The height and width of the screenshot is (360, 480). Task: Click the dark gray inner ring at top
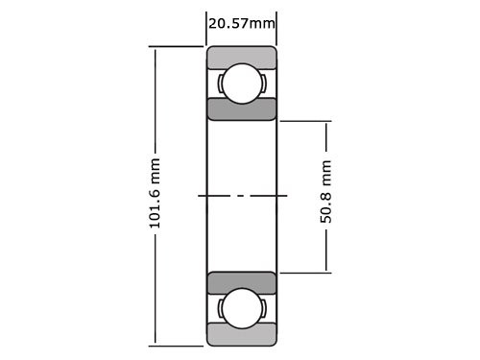pos(241,108)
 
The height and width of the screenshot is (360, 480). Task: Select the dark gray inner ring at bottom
pos(241,283)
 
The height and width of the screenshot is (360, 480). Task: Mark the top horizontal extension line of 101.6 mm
pos(178,46)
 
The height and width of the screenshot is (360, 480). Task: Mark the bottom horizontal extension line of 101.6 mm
pos(178,345)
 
